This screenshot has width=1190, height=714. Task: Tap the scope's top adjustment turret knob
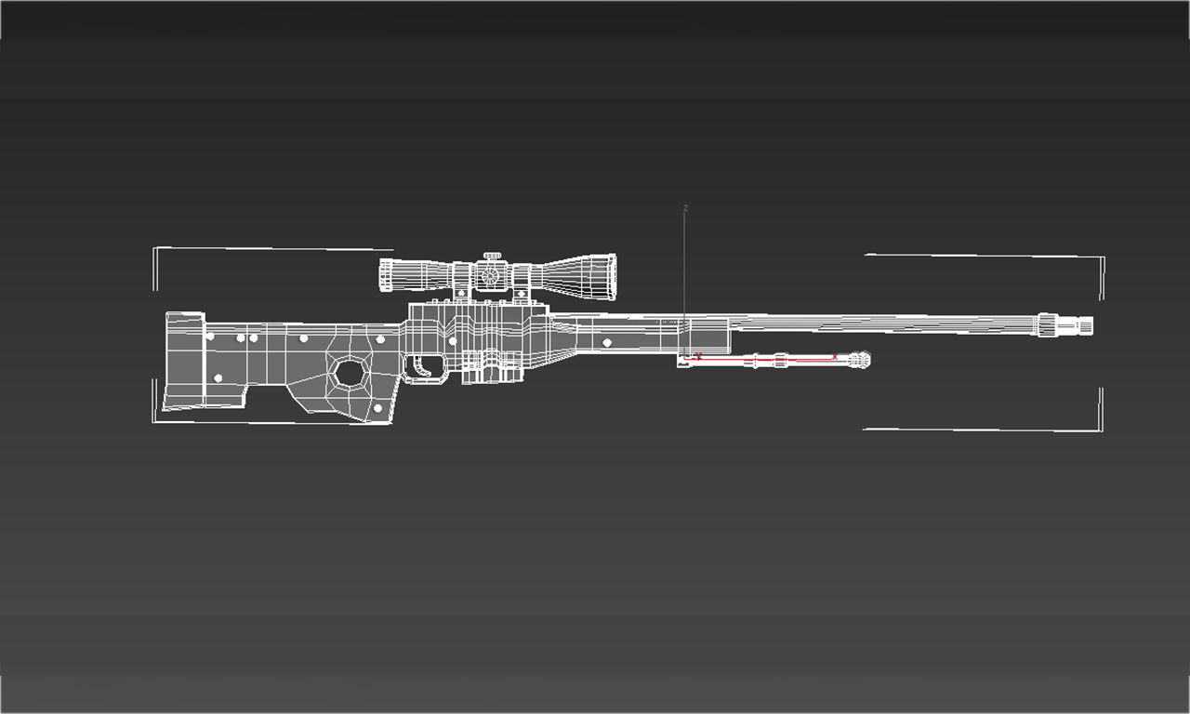[x=491, y=257]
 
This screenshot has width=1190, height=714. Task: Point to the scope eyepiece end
[x=385, y=275]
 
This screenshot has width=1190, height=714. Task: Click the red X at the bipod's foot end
[x=835, y=356]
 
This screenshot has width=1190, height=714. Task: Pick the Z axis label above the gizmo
[x=685, y=206]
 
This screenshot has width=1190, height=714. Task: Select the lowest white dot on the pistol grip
[x=377, y=408]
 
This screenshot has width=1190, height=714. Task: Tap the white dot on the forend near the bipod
[x=607, y=343]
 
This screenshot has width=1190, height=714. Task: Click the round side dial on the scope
[x=490, y=276]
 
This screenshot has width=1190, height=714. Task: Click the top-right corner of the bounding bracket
[x=1103, y=258]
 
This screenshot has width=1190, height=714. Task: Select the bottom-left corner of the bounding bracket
[x=153, y=421]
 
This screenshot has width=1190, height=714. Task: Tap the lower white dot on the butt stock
[x=218, y=378]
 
